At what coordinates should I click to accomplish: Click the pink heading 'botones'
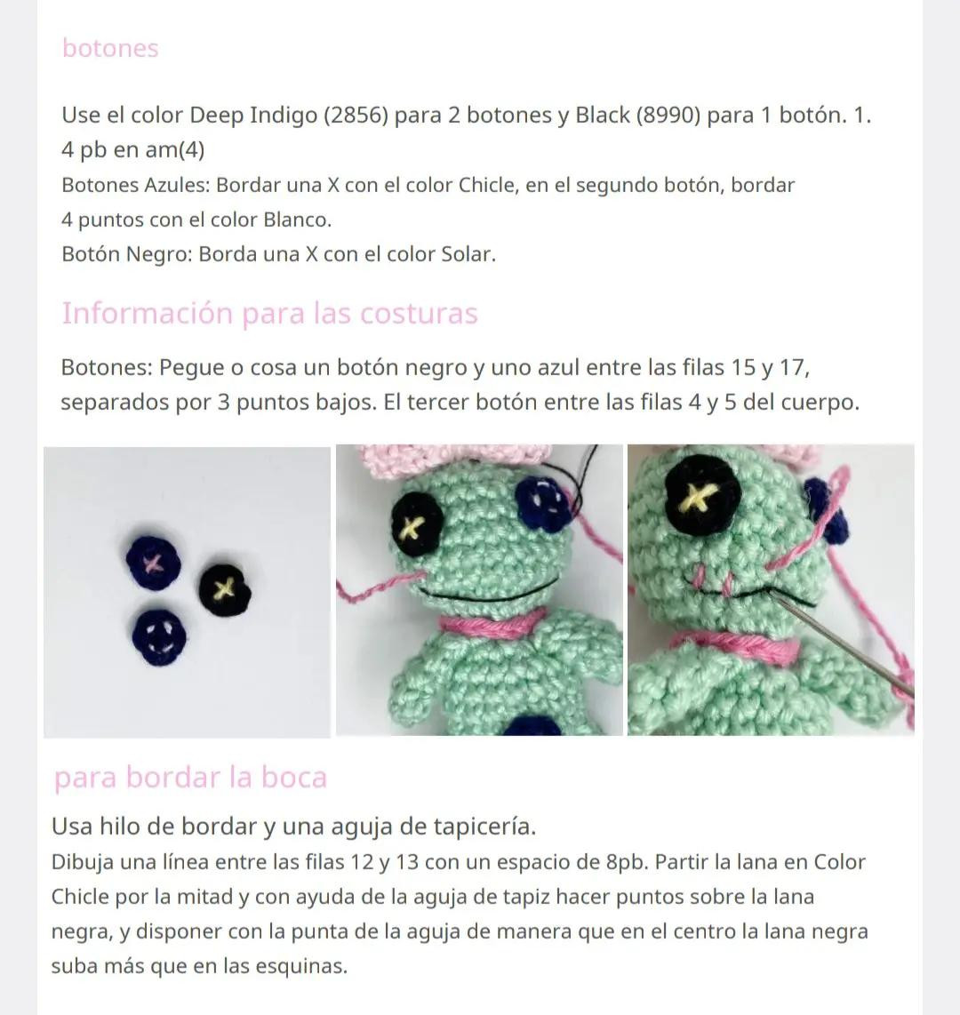[x=110, y=48]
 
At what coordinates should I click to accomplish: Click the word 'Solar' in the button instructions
[x=467, y=254]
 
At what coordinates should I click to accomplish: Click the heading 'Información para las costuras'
[x=269, y=313]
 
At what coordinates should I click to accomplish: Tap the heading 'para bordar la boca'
[x=190, y=778]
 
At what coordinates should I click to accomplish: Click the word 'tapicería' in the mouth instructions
[x=482, y=827]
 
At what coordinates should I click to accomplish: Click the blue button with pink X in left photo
[x=153, y=563]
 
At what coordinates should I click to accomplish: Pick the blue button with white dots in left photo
[x=159, y=635]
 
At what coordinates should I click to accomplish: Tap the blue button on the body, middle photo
[x=530, y=726]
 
